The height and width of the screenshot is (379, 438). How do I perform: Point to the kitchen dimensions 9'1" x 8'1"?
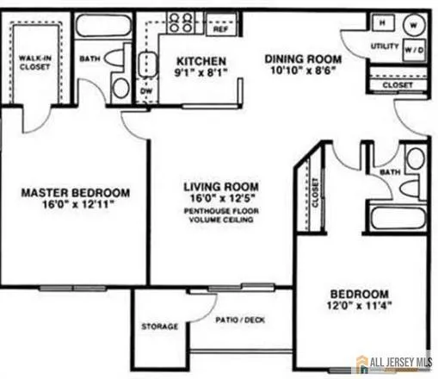pos(201,74)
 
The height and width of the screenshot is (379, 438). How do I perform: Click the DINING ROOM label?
pos(303,59)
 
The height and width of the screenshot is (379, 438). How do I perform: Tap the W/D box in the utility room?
pos(414,51)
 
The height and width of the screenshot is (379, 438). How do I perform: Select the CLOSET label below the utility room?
pos(397,86)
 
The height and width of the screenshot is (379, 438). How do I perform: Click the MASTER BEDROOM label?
pos(75,192)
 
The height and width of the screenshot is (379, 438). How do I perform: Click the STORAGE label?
pos(160,326)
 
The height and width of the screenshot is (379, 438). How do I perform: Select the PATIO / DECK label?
pos(240,319)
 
